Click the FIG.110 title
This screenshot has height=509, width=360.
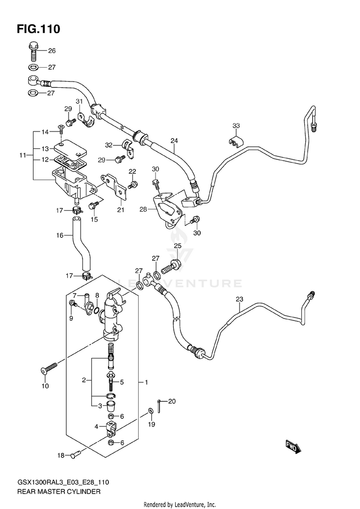(x=38, y=29)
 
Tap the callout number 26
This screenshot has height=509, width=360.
(x=52, y=51)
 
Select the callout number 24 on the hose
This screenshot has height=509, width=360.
(x=174, y=141)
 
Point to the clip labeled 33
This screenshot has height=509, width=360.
(x=236, y=142)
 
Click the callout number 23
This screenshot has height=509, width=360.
(x=239, y=299)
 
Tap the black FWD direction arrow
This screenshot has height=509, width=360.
(x=294, y=447)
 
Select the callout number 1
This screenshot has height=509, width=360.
(x=146, y=382)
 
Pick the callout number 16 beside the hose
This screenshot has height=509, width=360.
(x=60, y=236)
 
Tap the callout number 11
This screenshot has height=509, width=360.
(x=23, y=155)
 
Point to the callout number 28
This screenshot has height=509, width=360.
(x=144, y=209)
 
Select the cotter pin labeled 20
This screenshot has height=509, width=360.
(x=159, y=406)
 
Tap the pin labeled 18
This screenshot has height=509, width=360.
(x=75, y=456)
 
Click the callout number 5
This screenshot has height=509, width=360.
(x=122, y=382)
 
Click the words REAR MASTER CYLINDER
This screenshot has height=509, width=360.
(x=59, y=491)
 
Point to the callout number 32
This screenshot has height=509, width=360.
(x=108, y=145)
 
